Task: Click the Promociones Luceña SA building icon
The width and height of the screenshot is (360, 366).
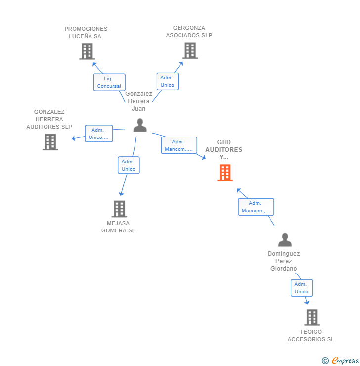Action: pos(87,51)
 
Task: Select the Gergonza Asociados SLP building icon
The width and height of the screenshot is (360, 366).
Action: pos(190,50)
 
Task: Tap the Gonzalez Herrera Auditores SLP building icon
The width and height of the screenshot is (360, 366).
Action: pos(50,142)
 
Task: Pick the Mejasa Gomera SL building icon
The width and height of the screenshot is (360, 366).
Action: pos(119,209)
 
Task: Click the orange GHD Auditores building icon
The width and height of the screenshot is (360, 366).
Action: pos(225,173)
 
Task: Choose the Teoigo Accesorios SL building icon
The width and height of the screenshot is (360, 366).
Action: pos(312,317)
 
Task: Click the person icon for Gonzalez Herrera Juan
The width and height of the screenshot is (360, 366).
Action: pos(140,125)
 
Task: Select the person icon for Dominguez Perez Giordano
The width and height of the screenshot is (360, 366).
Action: pos(285,240)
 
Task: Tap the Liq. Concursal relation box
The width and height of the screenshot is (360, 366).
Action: pos(109,82)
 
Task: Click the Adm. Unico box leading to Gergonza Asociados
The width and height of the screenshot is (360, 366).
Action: pos(168,81)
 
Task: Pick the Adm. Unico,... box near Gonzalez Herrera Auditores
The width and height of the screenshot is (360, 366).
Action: pos(98,134)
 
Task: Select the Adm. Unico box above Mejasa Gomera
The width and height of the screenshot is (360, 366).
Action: pos(129,165)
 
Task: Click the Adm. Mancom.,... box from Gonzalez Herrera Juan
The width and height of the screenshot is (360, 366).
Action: pos(179,145)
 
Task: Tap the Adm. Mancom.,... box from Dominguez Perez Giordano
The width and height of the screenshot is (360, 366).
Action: pos(256,207)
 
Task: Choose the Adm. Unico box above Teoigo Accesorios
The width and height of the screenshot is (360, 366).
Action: pos(301,288)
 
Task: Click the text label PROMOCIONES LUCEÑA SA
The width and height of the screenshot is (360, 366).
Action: pos(86,32)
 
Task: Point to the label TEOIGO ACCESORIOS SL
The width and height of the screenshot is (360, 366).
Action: pos(311,335)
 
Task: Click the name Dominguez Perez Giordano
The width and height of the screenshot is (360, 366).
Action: pos(284,261)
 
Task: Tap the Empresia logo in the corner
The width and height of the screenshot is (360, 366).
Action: pos(345,361)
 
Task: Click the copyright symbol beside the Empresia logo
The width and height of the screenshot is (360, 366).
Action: pos(325,361)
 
